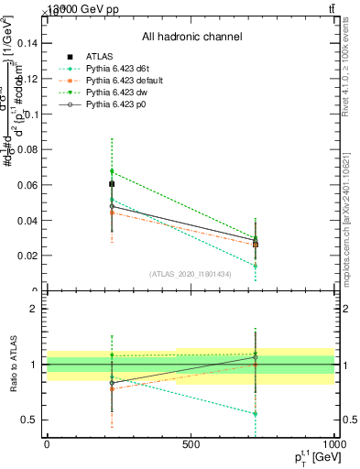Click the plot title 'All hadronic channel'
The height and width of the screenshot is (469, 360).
[191, 37]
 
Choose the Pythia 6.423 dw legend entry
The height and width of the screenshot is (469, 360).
[117, 93]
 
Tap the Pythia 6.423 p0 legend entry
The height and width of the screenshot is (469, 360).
[117, 104]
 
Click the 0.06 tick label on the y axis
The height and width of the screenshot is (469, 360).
[27, 185]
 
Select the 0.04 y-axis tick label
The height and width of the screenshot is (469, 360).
[27, 221]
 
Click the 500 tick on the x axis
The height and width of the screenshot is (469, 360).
[191, 443]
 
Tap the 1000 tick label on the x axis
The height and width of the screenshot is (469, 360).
[333, 443]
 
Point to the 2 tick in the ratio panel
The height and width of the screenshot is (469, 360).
[33, 309]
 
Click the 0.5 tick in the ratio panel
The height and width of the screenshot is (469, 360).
[29, 420]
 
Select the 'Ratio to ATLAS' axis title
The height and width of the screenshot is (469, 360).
[11, 365]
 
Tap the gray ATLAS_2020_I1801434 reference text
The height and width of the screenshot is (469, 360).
[191, 274]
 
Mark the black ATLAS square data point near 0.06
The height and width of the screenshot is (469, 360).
[112, 184]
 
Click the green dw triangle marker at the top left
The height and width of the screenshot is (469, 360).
[112, 171]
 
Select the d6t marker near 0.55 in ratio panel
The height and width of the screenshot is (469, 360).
[256, 413]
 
